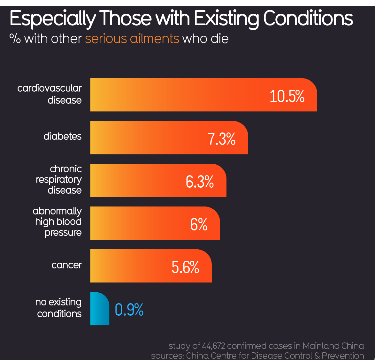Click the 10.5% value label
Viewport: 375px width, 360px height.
tap(287, 96)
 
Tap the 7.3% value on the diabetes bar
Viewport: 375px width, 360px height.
tap(221, 139)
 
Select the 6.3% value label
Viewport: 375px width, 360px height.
tap(200, 182)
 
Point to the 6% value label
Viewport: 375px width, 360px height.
tap(199, 224)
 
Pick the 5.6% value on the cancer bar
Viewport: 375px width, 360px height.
tap(185, 267)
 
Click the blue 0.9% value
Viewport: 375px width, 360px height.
tap(129, 310)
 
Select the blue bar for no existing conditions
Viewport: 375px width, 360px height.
tap(99, 309)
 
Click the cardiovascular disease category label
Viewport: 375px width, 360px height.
tap(50, 94)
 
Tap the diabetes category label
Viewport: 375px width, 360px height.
tap(63, 136)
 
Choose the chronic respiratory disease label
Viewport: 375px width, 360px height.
tap(59, 179)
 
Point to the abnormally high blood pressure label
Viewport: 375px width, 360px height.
tap(57, 222)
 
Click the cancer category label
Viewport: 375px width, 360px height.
tap(66, 265)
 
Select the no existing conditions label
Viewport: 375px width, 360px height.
tap(59, 308)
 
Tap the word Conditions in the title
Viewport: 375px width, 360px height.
tap(308, 19)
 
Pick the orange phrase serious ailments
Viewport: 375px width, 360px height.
tap(132, 39)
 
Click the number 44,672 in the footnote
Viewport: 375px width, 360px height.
tap(214, 346)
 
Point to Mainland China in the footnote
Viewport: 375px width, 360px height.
tap(333, 346)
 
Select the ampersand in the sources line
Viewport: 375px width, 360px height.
tap(317, 356)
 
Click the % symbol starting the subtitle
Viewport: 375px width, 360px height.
tap(15, 39)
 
